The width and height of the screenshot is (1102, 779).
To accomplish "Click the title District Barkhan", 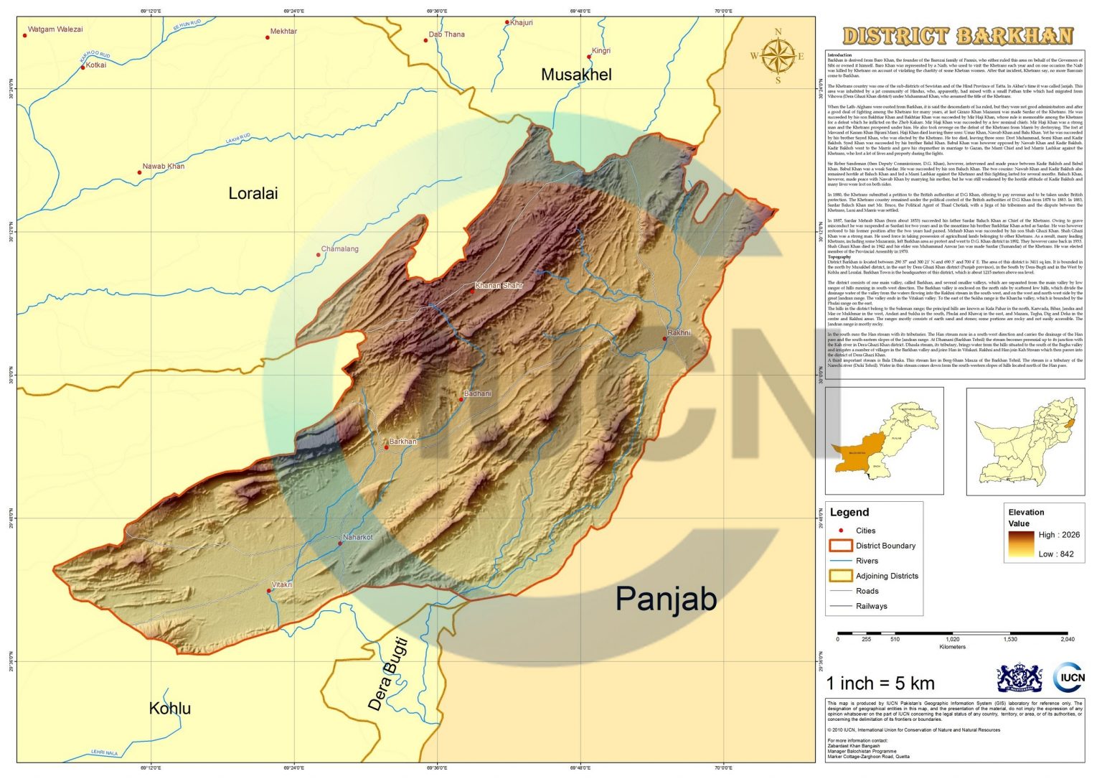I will (957, 36).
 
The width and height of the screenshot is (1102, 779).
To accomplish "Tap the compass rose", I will (777, 55).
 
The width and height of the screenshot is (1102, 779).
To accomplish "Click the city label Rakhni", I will (679, 333).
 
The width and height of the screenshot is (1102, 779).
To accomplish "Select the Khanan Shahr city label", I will (499, 285).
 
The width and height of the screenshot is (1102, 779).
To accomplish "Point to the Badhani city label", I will (478, 393).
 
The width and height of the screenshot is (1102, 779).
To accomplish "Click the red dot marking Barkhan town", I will (386, 447).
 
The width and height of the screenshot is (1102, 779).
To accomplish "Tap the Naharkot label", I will (358, 537).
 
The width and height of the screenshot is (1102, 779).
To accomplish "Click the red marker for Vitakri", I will (269, 591).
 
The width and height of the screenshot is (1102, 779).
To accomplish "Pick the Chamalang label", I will (340, 249).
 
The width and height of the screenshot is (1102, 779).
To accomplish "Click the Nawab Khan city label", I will (163, 167).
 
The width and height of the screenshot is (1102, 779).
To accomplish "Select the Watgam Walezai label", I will (55, 29).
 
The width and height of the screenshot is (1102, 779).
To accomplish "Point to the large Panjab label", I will (666, 600).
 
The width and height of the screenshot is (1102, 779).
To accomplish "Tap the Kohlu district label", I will (169, 709).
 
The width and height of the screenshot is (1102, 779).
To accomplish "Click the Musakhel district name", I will (576, 75).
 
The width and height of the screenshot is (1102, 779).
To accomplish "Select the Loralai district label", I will (253, 193).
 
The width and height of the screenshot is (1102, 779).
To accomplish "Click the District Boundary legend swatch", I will (840, 546).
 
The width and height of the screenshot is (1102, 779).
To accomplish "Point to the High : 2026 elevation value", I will (1058, 535).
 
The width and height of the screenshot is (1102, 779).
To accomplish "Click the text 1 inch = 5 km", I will (880, 683).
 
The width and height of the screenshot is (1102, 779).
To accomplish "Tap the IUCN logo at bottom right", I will (1069, 678).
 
